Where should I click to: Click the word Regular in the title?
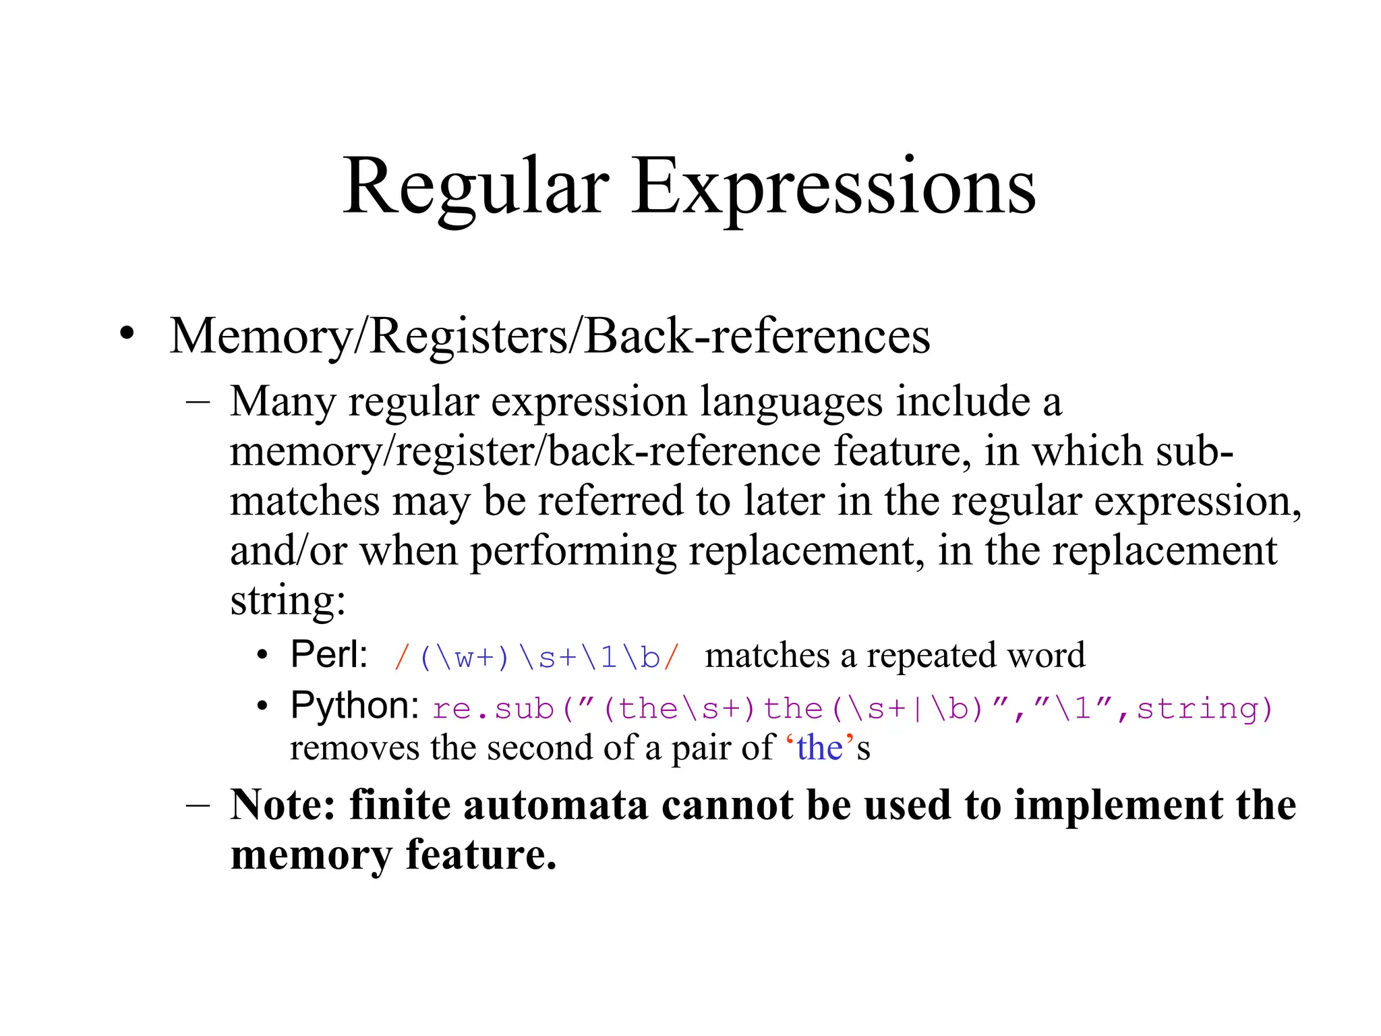point(476,187)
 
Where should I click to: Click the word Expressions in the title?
point(833,187)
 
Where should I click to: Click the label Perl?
point(329,654)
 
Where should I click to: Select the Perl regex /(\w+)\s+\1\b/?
point(537,657)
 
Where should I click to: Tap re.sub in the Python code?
point(493,709)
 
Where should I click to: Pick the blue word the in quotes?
point(819,748)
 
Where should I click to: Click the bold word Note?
point(283,805)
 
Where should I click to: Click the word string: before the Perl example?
point(288,600)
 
